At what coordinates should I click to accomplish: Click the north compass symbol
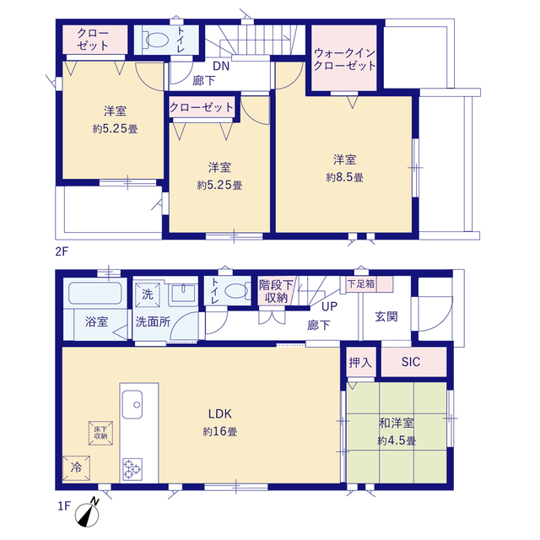click(x=87, y=514)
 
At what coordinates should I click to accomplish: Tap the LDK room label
click(x=219, y=413)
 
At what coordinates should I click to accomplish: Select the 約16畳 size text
click(x=219, y=431)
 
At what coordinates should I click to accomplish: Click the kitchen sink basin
click(x=132, y=404)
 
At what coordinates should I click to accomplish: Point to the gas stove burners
click(x=132, y=469)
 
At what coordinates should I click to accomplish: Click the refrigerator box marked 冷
click(x=76, y=467)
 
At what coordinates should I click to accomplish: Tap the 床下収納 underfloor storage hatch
click(x=100, y=433)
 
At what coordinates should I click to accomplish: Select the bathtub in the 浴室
click(x=95, y=293)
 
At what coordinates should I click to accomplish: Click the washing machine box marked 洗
click(x=148, y=294)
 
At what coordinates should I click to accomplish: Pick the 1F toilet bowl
click(x=236, y=291)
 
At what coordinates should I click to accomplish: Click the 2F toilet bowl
click(x=157, y=40)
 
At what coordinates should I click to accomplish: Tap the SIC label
click(x=411, y=362)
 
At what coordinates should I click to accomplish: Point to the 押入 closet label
click(x=360, y=362)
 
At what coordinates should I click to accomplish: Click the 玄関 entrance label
click(x=386, y=316)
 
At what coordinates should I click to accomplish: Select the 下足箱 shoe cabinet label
click(x=361, y=283)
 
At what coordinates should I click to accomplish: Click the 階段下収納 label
click(x=276, y=291)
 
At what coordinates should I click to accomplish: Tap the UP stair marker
click(x=329, y=306)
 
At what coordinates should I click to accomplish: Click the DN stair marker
click(x=221, y=66)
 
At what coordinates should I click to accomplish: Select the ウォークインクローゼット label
click(x=344, y=59)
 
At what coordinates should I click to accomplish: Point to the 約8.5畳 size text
click(x=344, y=177)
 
